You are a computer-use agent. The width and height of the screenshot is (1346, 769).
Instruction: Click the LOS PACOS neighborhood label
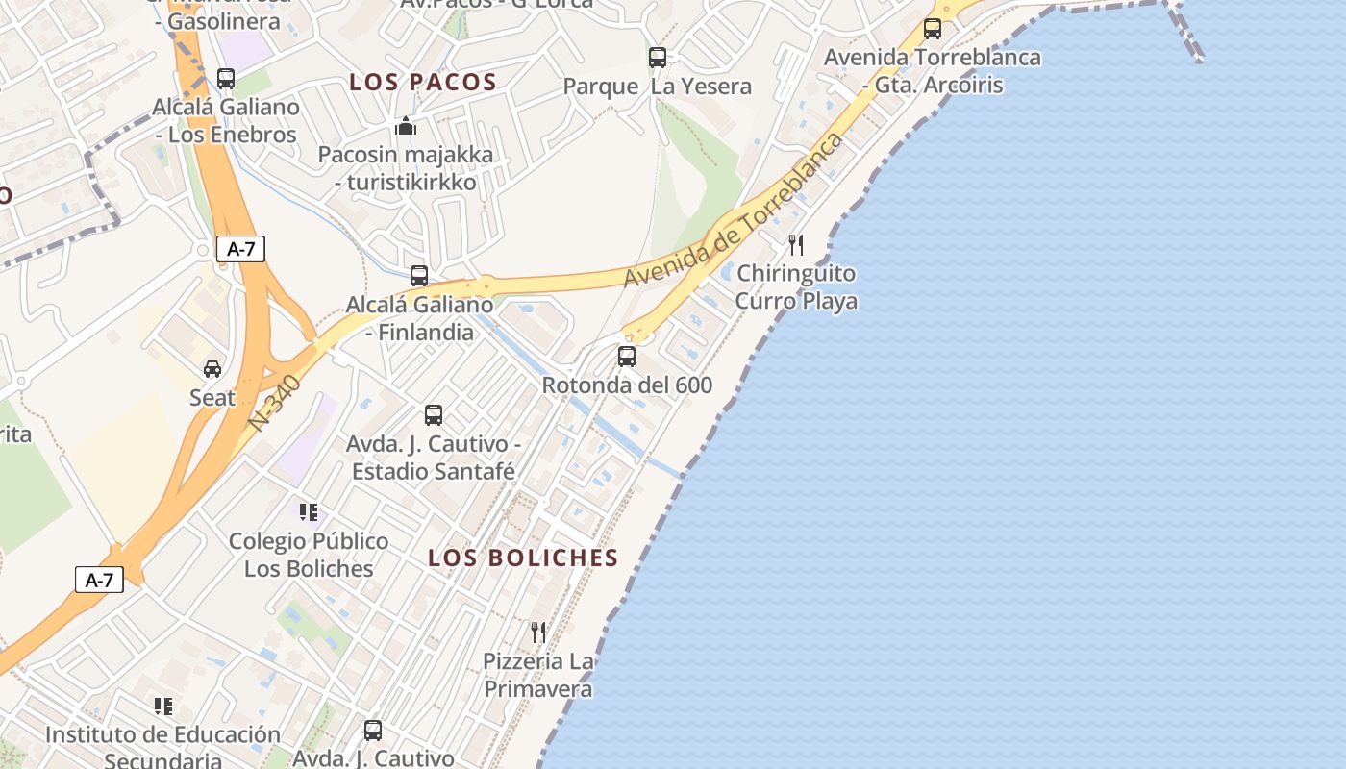[423, 83]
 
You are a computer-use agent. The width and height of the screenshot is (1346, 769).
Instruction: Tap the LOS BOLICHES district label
[523, 558]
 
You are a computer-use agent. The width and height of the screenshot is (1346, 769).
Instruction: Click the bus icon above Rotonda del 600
[627, 357]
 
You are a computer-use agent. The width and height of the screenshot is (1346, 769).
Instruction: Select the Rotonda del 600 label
[627, 385]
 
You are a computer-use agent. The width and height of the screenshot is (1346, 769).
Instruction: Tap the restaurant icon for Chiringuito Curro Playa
[795, 245]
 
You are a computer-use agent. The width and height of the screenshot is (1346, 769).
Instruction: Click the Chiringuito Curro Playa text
[796, 287]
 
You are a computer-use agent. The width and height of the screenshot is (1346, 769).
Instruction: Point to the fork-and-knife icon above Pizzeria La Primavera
[538, 632]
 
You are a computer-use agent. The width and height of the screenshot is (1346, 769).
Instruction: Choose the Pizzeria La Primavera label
[538, 676]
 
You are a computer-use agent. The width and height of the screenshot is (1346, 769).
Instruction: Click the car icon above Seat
[212, 368]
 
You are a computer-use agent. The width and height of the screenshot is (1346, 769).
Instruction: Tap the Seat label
[212, 397]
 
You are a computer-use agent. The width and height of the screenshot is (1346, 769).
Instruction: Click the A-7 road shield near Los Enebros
[240, 249]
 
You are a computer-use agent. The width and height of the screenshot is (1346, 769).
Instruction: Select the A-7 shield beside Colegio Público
[99, 580]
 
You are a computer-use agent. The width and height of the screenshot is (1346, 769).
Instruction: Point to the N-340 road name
[274, 404]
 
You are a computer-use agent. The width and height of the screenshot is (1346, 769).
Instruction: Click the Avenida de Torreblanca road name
[734, 210]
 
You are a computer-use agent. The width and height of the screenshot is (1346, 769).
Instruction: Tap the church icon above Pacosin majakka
[406, 126]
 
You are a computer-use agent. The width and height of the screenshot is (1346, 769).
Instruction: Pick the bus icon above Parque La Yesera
[658, 58]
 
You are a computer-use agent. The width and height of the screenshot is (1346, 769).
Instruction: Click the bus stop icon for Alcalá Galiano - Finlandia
[419, 276]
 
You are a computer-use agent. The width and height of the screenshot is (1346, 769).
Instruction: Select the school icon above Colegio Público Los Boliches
[308, 512]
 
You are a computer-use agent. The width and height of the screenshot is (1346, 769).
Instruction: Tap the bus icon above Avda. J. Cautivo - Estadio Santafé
[434, 415]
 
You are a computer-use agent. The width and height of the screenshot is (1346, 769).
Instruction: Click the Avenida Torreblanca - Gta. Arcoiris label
[932, 71]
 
